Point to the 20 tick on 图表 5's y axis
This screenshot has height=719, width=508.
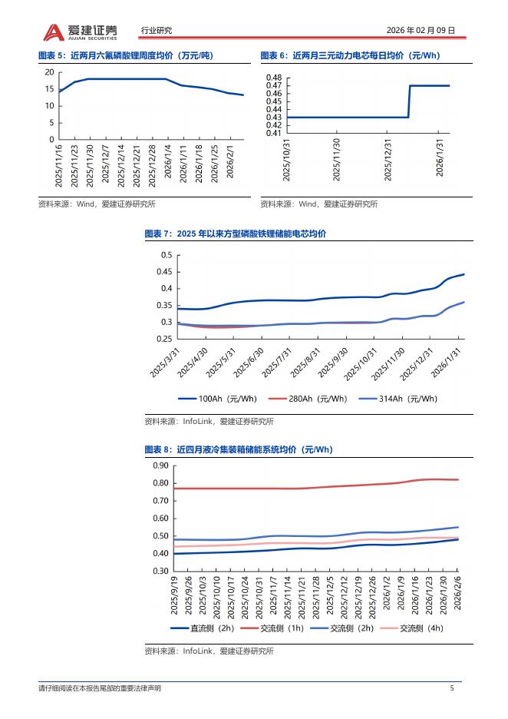point(49,72)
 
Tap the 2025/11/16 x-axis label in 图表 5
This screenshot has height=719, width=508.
point(59,164)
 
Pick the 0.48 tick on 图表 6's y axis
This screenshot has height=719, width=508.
point(274,78)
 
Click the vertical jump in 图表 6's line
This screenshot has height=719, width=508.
point(409,101)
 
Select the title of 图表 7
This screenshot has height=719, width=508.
point(235,234)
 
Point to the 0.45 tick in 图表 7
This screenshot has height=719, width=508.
point(166,272)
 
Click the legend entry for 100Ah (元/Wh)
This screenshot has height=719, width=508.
point(218,399)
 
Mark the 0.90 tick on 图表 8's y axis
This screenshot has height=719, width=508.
point(160,466)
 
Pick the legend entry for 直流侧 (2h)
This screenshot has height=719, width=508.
point(202,628)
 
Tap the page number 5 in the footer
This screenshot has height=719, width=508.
point(451,688)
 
